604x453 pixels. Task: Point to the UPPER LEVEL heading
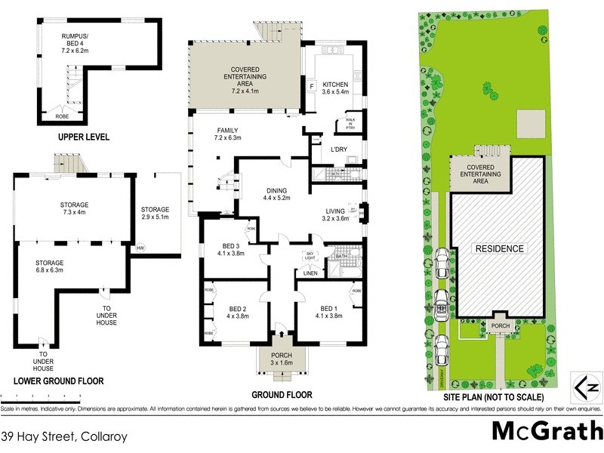pos(84,137)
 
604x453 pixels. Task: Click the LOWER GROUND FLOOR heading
pos(53,381)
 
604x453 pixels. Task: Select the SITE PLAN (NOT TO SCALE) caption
pos(495,394)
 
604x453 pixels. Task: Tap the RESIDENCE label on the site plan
pos(498,248)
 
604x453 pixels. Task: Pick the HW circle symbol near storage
pos(140,248)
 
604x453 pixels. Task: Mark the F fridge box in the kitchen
pos(311,86)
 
